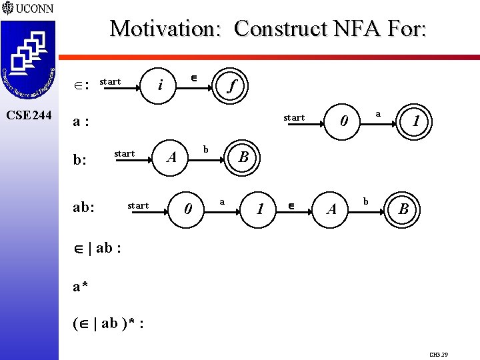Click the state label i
coord(160,85)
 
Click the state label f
coord(231,86)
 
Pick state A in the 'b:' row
coord(171,158)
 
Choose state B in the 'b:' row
coord(243,158)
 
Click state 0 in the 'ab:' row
coord(189,210)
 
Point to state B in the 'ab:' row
coord(403,210)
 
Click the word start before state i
coord(110,81)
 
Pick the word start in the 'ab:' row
coord(138,205)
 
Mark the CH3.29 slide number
coord(439,355)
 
